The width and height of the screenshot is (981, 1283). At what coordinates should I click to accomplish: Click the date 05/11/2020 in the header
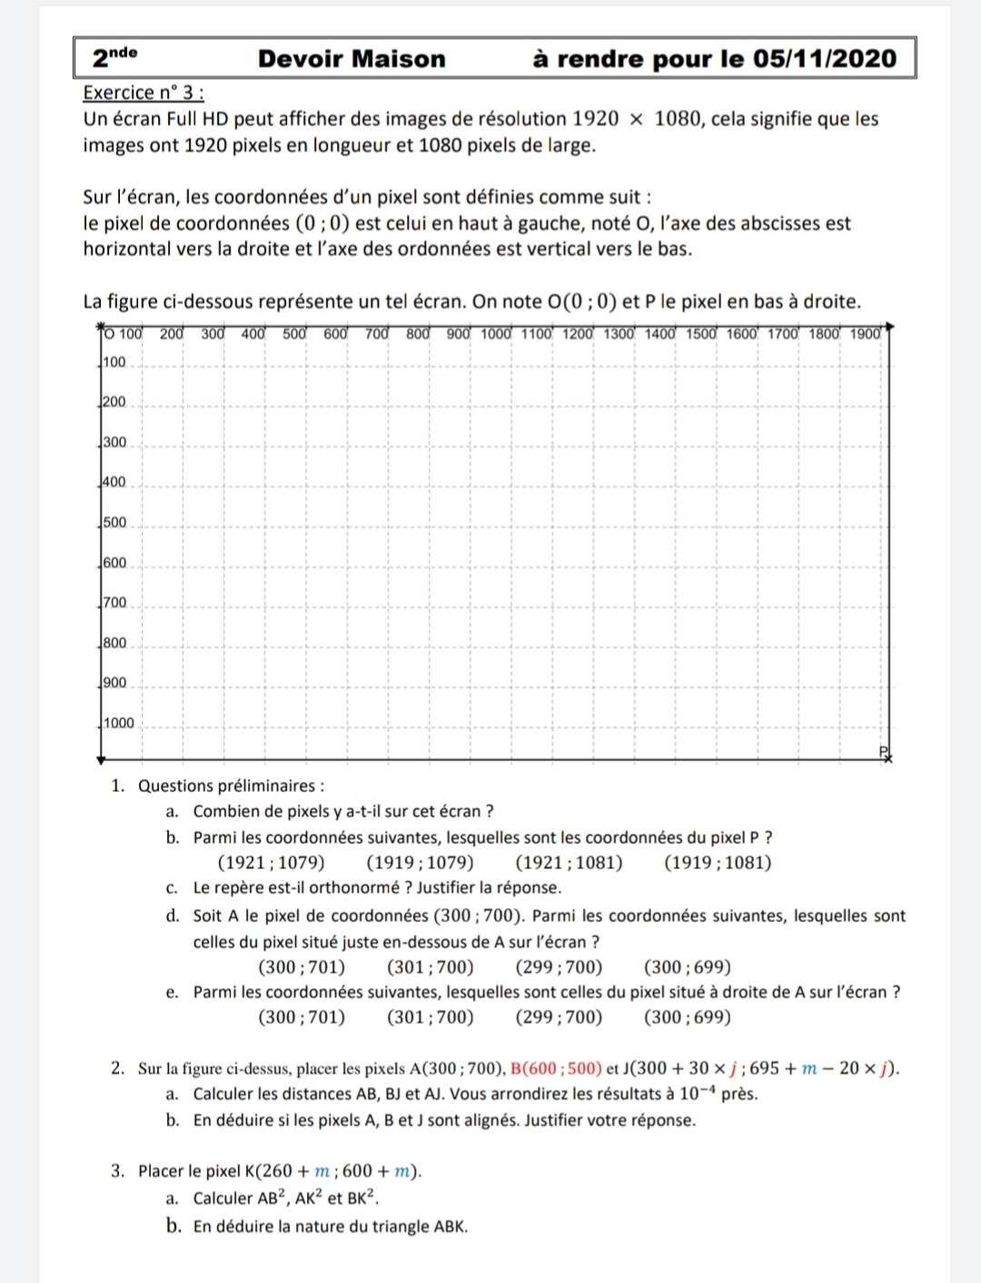click(x=825, y=59)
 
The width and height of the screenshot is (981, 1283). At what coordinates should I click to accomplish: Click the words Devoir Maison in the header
click(x=352, y=59)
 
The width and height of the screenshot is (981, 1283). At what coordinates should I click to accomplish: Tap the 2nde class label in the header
click(x=114, y=57)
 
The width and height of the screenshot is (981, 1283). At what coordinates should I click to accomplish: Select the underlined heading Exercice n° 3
click(x=143, y=93)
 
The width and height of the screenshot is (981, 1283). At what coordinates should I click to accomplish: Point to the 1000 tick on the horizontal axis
click(x=496, y=334)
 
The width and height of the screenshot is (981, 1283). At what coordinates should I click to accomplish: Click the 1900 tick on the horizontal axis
click(x=866, y=334)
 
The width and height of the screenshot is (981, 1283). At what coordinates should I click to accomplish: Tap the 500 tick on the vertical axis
click(x=114, y=523)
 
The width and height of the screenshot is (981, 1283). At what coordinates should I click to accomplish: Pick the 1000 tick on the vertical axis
click(x=118, y=724)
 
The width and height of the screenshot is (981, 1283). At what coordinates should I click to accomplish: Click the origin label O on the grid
click(x=109, y=334)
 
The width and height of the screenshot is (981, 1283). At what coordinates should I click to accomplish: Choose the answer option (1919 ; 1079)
click(x=420, y=863)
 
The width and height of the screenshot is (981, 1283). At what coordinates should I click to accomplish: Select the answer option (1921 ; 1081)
click(x=569, y=863)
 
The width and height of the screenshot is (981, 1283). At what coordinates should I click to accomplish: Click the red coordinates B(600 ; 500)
click(x=556, y=1069)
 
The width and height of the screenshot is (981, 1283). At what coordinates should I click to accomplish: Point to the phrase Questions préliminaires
click(x=231, y=786)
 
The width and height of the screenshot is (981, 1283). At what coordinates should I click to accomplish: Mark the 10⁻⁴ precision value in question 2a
click(x=699, y=1093)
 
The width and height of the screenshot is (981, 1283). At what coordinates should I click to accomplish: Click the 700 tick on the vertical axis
click(x=114, y=603)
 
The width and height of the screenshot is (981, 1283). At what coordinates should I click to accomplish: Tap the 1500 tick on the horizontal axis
click(x=701, y=334)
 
